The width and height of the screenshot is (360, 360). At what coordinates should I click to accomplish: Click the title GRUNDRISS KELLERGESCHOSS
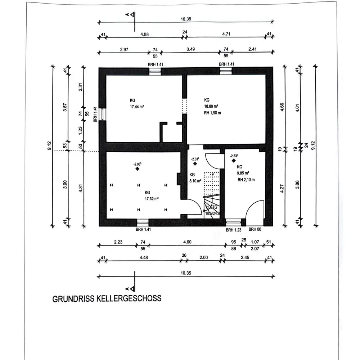click(x=107, y=298)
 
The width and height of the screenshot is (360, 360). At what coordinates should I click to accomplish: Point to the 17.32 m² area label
click(x=152, y=198)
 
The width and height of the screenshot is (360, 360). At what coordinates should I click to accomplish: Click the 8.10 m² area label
click(x=194, y=181)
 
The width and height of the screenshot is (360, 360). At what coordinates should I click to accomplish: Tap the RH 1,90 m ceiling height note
click(x=212, y=113)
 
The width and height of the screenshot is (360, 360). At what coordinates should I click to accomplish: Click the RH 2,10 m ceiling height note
click(x=246, y=180)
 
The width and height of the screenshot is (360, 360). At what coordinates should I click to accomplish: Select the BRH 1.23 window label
click(x=233, y=230)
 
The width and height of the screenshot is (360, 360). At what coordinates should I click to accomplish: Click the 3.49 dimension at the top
click(x=190, y=49)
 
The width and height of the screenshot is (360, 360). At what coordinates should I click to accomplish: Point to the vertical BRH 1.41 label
click(x=95, y=114)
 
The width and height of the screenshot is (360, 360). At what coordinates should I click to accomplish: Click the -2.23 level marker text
click(x=234, y=156)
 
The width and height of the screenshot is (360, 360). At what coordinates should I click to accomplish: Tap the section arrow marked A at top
click(x=132, y=15)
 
